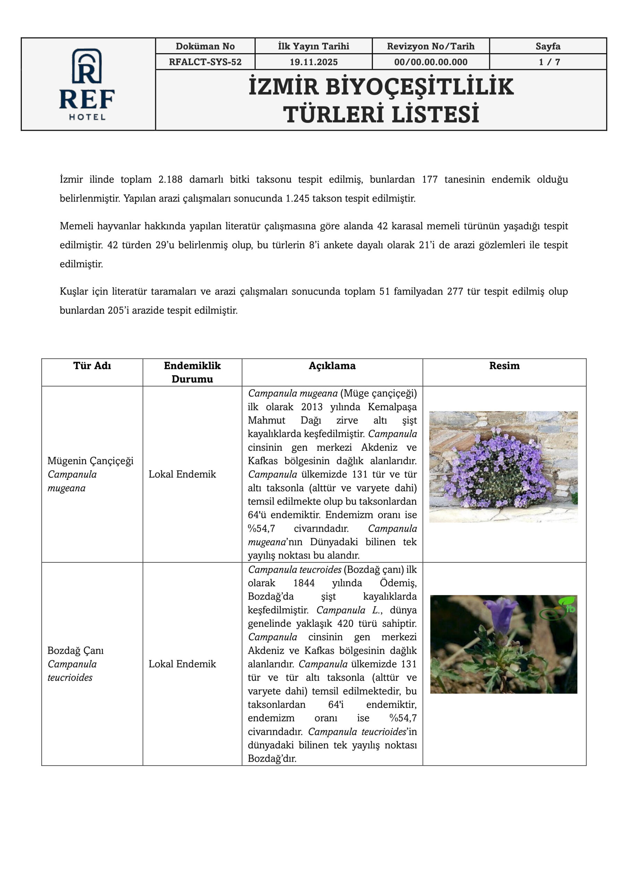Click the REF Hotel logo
point(87,84)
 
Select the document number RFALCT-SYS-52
point(205,62)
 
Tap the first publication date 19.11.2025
point(313,62)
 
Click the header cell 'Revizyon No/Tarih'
point(430,47)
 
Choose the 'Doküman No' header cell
point(205,47)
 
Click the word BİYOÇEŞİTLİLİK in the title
point(419,87)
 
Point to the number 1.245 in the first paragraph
point(297,199)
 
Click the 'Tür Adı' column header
point(92,366)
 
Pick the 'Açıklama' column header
point(332,366)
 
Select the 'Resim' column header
point(504,366)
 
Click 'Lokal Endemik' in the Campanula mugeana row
point(182,474)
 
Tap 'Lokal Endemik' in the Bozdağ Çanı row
point(182,664)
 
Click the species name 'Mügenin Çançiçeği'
point(90,461)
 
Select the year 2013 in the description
point(312,407)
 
